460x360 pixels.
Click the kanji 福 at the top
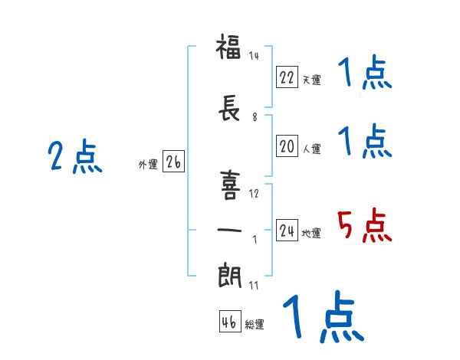pyautogui.click(x=228, y=46)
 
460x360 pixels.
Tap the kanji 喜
pyautogui.click(x=230, y=185)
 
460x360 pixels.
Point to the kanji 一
pyautogui.click(x=229, y=230)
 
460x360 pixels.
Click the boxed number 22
pyautogui.click(x=287, y=77)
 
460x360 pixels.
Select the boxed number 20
pyautogui.click(x=287, y=146)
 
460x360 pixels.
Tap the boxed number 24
pyautogui.click(x=287, y=230)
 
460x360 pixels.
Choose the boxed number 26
pyautogui.click(x=173, y=162)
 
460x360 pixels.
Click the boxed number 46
pyautogui.click(x=230, y=321)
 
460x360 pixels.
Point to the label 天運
pyautogui.click(x=311, y=80)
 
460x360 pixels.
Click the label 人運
pyautogui.click(x=311, y=149)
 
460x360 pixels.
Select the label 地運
pyautogui.click(x=311, y=233)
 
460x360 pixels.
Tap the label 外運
pyautogui.click(x=148, y=164)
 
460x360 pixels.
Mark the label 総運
pyautogui.click(x=255, y=324)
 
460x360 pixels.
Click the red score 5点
pyautogui.click(x=364, y=225)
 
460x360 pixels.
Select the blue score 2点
pyautogui.click(x=75, y=156)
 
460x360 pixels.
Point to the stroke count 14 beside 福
pyautogui.click(x=254, y=55)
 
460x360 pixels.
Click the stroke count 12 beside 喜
pyautogui.click(x=254, y=194)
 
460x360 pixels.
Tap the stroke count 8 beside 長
pyautogui.click(x=255, y=117)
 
